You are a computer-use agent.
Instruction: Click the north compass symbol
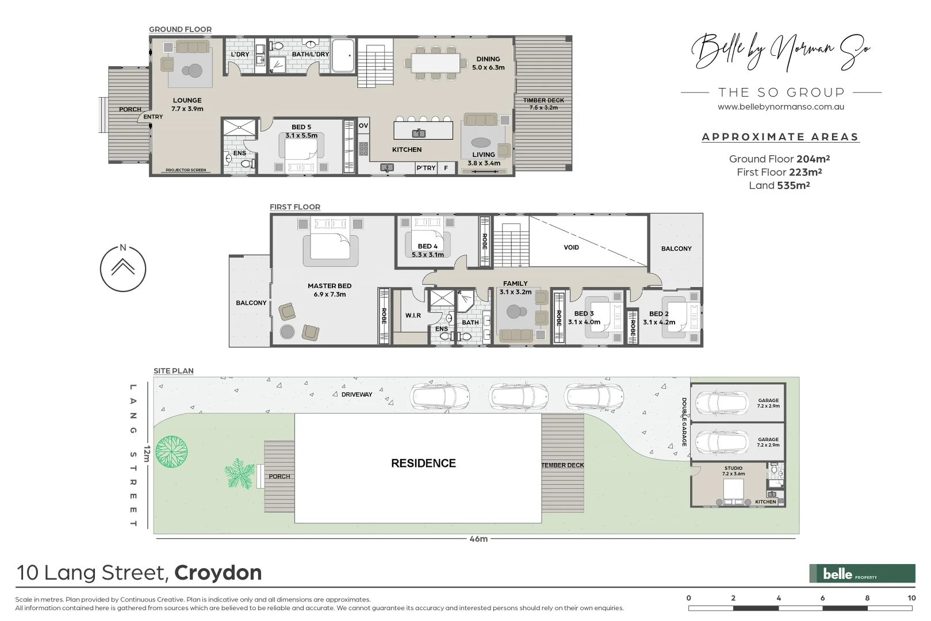tap(123, 268)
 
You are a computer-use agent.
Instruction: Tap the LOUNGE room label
tap(187, 100)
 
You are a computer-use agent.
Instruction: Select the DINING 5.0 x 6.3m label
tap(488, 63)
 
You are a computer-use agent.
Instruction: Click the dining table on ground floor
tap(435, 63)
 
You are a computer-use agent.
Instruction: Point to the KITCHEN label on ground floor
tap(407, 149)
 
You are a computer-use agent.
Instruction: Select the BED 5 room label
tap(301, 127)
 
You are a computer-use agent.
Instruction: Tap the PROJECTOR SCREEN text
tap(186, 170)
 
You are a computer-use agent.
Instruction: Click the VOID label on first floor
tap(571, 247)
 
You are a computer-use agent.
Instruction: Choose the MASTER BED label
tap(330, 286)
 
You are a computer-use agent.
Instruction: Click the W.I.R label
tap(413, 316)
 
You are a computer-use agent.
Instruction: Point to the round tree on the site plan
tap(171, 451)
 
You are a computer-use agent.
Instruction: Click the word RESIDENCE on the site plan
tap(423, 463)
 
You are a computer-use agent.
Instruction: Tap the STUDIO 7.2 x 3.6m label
tap(733, 471)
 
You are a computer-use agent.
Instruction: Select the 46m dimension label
tap(478, 539)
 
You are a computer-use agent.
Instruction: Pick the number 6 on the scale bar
tap(822, 598)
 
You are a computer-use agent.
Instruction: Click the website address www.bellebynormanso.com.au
tap(781, 106)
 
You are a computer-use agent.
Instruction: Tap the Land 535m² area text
tap(779, 185)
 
